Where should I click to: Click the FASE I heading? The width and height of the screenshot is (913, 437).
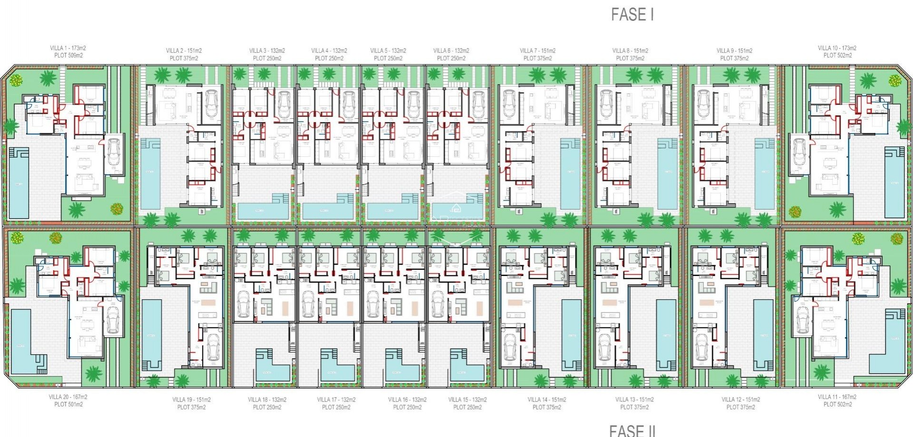pyautogui.click(x=632, y=15)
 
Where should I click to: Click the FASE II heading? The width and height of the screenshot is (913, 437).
pyautogui.click(x=632, y=430)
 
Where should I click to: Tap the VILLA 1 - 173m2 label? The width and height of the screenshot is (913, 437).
pyautogui.click(x=68, y=48)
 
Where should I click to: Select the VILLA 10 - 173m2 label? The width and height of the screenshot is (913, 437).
pyautogui.click(x=837, y=48)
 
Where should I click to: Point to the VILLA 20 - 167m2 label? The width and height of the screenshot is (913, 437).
pyautogui.click(x=68, y=397)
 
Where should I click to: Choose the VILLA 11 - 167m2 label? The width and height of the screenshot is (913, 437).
pyautogui.click(x=837, y=397)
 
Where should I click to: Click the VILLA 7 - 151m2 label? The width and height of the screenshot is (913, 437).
pyautogui.click(x=537, y=51)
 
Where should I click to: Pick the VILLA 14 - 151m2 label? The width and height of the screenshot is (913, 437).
pyautogui.click(x=546, y=400)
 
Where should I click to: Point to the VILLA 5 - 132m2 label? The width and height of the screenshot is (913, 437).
pyautogui.click(x=388, y=51)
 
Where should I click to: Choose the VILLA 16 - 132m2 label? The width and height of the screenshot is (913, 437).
pyautogui.click(x=407, y=400)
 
